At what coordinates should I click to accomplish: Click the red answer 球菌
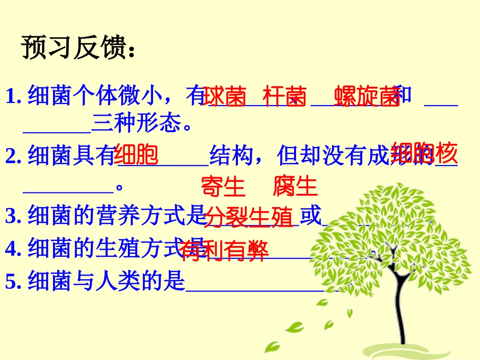[224, 96]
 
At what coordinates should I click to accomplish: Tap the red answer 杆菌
[284, 96]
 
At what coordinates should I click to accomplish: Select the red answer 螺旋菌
[367, 96]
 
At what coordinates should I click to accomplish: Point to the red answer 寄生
[223, 186]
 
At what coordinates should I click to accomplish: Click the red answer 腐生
[295, 186]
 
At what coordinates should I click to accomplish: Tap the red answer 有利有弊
[223, 250]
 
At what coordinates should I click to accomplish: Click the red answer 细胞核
[424, 152]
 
